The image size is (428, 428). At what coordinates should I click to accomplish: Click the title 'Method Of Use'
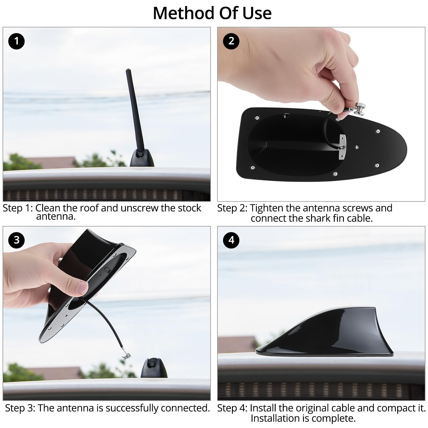click(x=212, y=13)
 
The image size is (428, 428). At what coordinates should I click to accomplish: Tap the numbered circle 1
click(x=17, y=41)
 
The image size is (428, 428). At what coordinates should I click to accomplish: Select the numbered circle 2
click(x=231, y=41)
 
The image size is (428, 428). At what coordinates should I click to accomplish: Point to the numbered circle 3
click(x=17, y=240)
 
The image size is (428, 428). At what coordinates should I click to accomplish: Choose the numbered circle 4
click(x=231, y=240)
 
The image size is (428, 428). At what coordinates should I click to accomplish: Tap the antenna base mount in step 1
click(x=142, y=158)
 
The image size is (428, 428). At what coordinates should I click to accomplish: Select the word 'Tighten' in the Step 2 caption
click(x=267, y=209)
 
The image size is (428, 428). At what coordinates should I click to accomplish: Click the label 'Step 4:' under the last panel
click(x=233, y=408)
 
